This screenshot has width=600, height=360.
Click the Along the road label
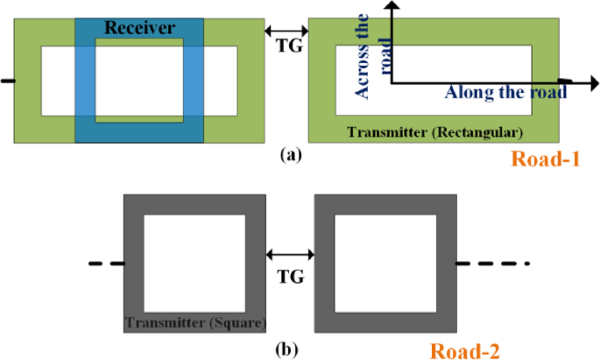(498, 93)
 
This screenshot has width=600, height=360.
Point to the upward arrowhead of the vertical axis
(392, 7)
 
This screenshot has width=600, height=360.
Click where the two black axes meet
(392, 82)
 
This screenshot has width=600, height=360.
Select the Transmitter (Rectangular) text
(434, 133)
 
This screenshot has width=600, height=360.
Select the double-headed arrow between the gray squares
(288, 255)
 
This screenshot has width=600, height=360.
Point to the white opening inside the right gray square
(383, 261)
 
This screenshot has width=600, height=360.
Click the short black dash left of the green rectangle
(8, 81)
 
